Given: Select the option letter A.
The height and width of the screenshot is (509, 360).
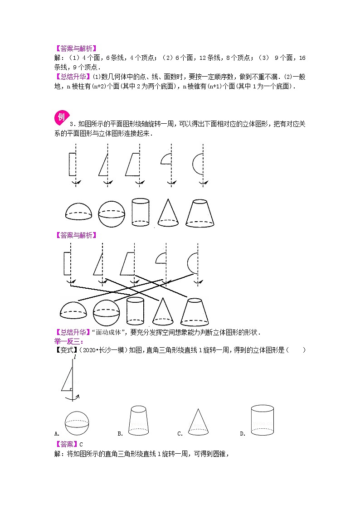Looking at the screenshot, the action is tap(57, 433).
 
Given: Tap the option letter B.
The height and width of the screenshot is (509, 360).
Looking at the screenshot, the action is tap(120, 433).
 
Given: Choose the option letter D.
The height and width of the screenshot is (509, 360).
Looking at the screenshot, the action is tap(242, 433).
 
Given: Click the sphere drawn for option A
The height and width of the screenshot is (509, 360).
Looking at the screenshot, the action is tap(77, 423).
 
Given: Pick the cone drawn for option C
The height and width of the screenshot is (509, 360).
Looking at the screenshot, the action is tap(198, 422).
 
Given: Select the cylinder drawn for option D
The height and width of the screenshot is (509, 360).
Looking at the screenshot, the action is tap(262, 420).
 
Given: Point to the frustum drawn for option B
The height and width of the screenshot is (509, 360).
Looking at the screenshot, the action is tap(139, 420).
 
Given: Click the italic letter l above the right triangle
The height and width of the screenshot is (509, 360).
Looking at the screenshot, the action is tap(74, 357).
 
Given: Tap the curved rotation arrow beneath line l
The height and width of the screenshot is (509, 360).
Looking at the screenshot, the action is tap(72, 398).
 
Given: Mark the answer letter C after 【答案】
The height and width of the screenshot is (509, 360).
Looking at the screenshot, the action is tap(81, 444).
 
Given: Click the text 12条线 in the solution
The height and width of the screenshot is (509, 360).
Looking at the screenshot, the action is tap(210, 58).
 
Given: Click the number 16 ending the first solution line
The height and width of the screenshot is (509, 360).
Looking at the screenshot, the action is tap(302, 58).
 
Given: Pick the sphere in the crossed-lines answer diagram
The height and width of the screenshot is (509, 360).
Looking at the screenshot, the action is tap(106, 313).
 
